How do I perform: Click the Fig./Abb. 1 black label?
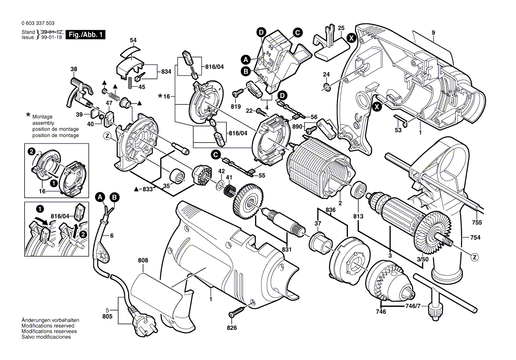(x=85, y=35)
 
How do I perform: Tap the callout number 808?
(x=143, y=261)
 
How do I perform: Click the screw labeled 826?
(x=236, y=312)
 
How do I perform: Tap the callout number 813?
(x=358, y=216)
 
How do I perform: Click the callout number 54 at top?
(x=133, y=40)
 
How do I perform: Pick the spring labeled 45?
(x=130, y=81)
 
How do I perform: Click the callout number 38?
(x=74, y=69)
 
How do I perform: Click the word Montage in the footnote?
(x=42, y=117)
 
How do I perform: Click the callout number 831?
(x=287, y=249)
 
